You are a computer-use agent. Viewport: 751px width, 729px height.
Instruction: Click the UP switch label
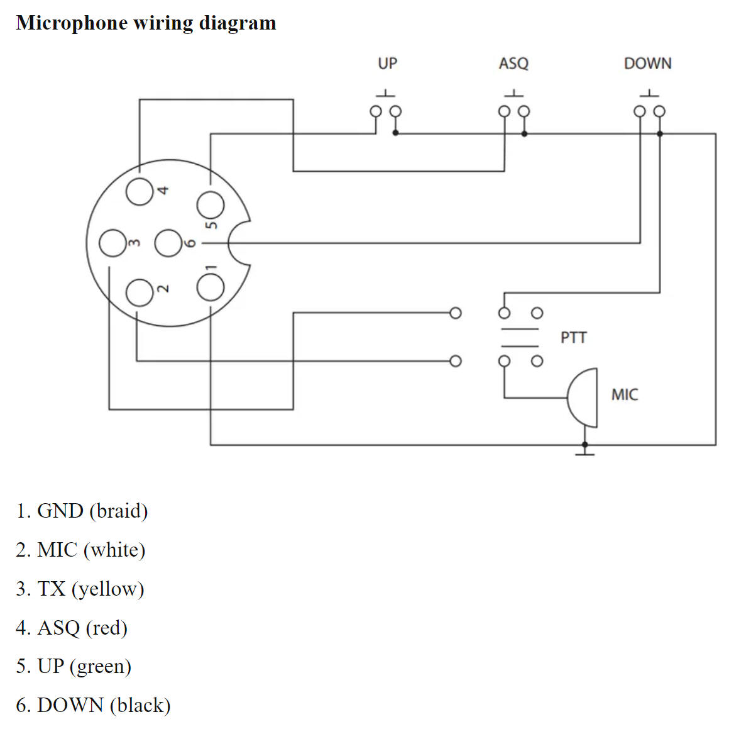(387, 64)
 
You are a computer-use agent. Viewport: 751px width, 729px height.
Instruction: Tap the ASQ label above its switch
(513, 64)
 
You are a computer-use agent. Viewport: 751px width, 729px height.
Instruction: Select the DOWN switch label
(647, 64)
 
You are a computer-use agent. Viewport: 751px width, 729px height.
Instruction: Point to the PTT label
(573, 338)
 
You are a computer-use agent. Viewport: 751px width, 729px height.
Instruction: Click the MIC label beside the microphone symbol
(624, 395)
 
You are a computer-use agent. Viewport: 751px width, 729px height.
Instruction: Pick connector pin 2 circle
(140, 292)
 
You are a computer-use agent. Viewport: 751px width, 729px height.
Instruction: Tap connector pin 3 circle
(113, 243)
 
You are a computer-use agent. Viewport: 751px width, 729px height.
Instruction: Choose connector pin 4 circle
(140, 192)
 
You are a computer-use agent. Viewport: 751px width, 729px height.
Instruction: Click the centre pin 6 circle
(168, 243)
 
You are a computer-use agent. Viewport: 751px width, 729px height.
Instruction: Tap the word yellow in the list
(107, 589)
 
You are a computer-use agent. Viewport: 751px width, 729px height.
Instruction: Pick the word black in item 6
(140, 705)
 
